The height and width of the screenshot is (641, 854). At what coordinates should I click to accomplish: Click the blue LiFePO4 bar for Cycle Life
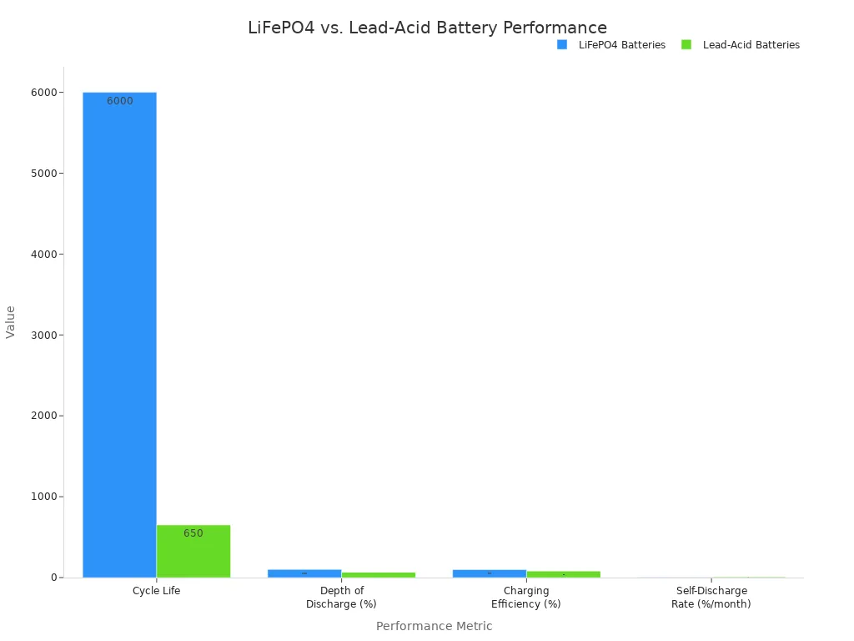click(119, 334)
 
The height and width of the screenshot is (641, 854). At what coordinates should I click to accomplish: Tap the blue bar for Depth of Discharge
click(304, 573)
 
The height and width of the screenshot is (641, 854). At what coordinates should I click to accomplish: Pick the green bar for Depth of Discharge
click(378, 575)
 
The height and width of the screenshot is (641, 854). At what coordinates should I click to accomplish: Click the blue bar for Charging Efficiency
click(490, 573)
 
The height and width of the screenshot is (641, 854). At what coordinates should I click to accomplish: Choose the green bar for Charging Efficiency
click(563, 574)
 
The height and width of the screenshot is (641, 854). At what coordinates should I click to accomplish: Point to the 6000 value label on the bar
click(119, 101)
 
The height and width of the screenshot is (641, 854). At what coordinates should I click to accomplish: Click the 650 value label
click(193, 533)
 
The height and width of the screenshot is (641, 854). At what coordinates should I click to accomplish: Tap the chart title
click(427, 28)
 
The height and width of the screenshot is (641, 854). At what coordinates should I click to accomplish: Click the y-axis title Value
click(11, 321)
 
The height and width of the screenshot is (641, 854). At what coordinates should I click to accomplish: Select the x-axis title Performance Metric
click(434, 626)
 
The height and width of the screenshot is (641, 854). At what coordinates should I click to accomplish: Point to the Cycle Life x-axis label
click(156, 591)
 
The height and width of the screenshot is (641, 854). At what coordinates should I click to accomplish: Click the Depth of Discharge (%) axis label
click(341, 598)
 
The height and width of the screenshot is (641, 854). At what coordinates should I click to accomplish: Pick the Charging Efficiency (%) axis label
click(525, 598)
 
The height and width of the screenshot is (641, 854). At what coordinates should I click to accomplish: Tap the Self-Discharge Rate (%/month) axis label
click(711, 598)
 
